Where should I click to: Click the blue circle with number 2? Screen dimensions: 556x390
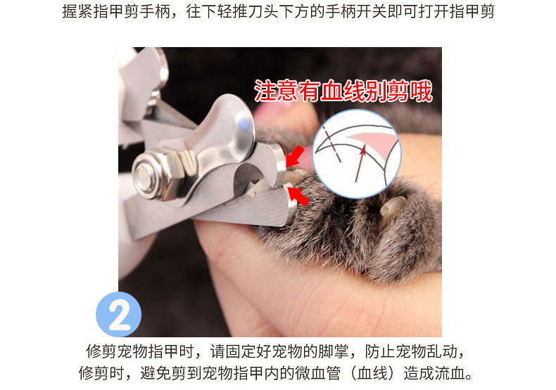[x=118, y=314]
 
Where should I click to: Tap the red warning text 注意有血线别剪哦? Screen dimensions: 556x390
[x=343, y=91]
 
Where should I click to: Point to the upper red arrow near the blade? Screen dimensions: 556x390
[x=295, y=156]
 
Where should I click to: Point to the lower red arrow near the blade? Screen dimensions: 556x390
[x=298, y=197]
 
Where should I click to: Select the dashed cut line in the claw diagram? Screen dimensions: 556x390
[x=331, y=143]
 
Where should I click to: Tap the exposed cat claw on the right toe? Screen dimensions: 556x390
[x=391, y=209]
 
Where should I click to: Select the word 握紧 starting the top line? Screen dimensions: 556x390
[x=77, y=12]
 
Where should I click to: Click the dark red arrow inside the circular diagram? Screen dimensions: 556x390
[x=360, y=163]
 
